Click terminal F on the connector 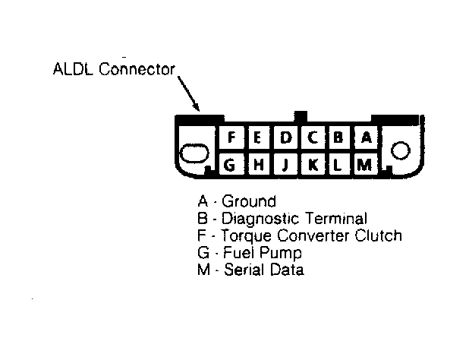pos(232,138)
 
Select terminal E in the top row pos(258,138)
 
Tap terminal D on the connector pos(285,138)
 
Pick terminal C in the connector pos(312,138)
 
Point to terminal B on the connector pos(338,138)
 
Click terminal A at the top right pos(365,138)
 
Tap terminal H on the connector pos(258,164)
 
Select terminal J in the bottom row pos(285,164)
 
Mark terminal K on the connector pos(312,164)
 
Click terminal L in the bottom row pos(338,164)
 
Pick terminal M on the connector pos(365,164)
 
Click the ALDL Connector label pos(114,70)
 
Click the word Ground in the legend pos(249,202)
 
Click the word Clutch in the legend pos(378,235)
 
